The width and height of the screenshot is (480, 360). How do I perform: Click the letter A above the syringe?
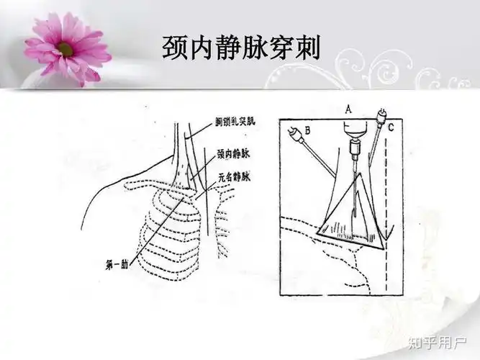pos(348,109)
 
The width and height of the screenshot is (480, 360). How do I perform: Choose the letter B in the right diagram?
pos(307,130)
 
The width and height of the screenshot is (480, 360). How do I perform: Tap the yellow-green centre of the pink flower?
pos(66,49)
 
